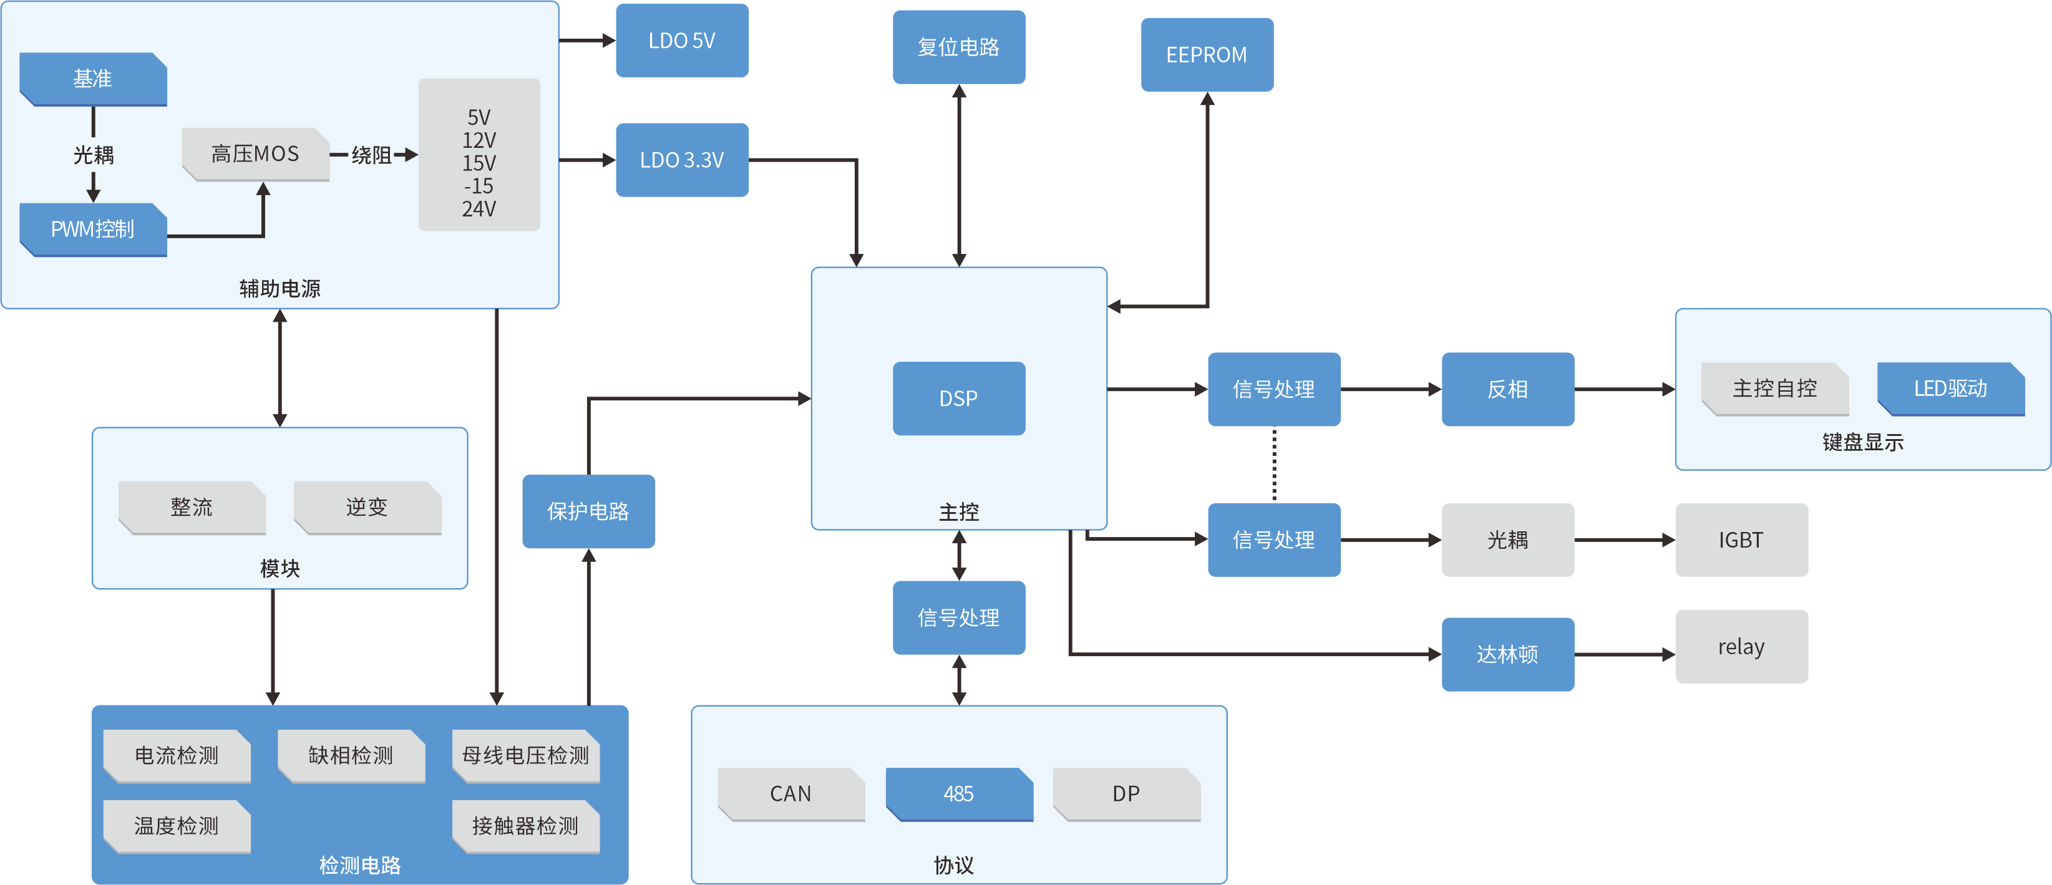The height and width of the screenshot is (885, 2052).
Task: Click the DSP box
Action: point(958,399)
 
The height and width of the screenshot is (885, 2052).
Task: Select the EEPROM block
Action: point(1207,55)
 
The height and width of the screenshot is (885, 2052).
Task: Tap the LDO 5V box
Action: point(682,41)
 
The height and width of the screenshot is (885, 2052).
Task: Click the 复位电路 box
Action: point(958,47)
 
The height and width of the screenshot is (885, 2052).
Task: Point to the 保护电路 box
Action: point(589,511)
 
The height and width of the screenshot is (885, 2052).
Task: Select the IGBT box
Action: point(1741,540)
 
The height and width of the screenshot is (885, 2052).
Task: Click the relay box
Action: point(1741,647)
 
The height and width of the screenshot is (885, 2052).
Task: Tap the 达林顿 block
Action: point(1508,655)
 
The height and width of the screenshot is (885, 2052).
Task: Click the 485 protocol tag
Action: point(959,794)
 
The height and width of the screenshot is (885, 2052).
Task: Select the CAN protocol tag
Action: point(791,794)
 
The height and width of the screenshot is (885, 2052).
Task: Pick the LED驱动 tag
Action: point(1951,389)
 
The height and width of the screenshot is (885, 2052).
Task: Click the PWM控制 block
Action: point(93,230)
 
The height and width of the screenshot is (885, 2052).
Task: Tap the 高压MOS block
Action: point(256,155)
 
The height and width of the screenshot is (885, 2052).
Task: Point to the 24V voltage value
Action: point(479,210)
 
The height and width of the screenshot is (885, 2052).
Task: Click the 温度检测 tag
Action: point(177,826)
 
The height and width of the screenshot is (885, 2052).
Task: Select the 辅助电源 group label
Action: point(280,288)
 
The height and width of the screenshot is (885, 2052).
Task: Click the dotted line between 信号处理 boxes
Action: point(1275,465)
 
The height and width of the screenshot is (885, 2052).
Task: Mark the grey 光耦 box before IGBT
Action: point(1508,540)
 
